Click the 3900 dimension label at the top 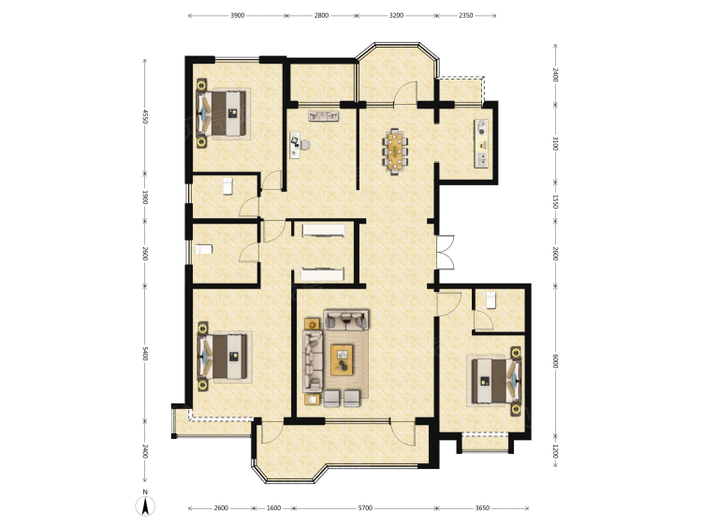click(238, 15)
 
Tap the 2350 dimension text click(465, 15)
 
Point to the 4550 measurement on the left click(144, 116)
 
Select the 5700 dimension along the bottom click(365, 508)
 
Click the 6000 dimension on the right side click(556, 361)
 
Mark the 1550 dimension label click(556, 201)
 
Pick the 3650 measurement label click(482, 508)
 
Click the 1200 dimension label click(556, 451)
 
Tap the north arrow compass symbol click(145, 505)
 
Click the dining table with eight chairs click(395, 151)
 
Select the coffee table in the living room click(342, 359)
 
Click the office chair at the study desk click(305, 144)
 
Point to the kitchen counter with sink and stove click(482, 143)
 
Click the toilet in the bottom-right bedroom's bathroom click(491, 300)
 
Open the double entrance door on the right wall click(445, 252)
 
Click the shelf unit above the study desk click(323, 116)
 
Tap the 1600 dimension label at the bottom click(273, 508)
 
